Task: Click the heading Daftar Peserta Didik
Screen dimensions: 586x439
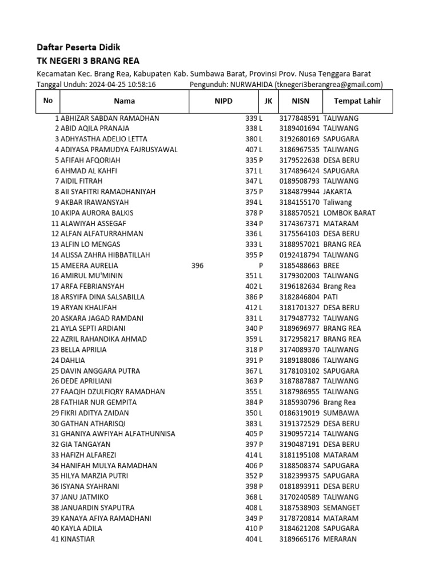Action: (x=78, y=47)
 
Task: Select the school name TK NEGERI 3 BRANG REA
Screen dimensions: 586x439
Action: (x=88, y=61)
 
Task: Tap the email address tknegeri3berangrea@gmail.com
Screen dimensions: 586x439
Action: (x=329, y=85)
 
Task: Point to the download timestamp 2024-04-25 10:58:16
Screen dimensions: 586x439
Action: (x=122, y=85)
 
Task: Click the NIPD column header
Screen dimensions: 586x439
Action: (x=220, y=101)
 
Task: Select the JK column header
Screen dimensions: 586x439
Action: (x=268, y=101)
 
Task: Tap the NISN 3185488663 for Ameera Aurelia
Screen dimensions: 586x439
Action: (x=300, y=266)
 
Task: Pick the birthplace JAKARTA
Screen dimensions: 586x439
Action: (x=337, y=192)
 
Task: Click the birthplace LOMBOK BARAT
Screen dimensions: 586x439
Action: (x=349, y=213)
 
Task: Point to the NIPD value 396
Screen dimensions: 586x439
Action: (x=197, y=266)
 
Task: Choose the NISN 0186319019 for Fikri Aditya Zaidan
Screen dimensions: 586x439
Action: (x=300, y=413)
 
